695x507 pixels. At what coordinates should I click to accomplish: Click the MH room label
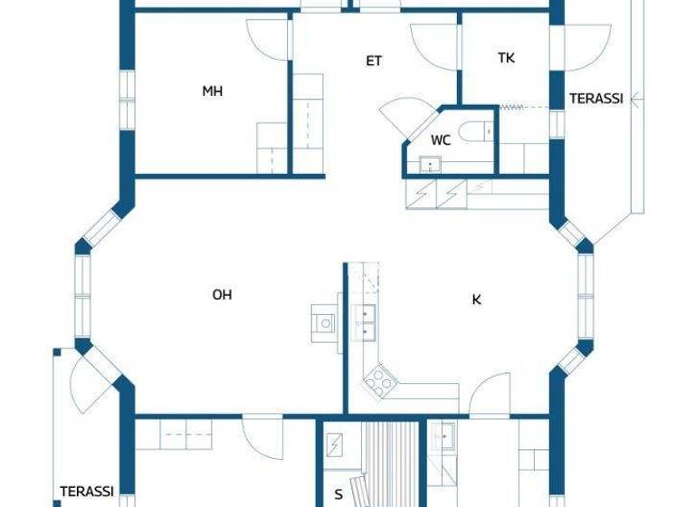point(213,91)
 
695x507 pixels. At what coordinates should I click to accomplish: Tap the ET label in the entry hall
point(374,62)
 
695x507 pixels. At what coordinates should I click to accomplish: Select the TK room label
point(506,58)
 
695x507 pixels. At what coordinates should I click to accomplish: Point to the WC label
point(441,140)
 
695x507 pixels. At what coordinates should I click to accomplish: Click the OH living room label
point(222,294)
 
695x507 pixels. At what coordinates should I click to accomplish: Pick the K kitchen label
point(476,300)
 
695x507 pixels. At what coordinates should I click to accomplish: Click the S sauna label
point(338,494)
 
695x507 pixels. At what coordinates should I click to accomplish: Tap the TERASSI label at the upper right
point(595,100)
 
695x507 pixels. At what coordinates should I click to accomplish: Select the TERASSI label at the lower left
point(87,492)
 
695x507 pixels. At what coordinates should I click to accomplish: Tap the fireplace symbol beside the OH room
point(324,321)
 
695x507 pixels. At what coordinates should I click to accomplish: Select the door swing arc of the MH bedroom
point(266,39)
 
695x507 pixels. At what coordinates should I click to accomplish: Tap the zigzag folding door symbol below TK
point(512,107)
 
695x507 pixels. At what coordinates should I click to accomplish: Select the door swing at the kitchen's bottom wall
point(485,394)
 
